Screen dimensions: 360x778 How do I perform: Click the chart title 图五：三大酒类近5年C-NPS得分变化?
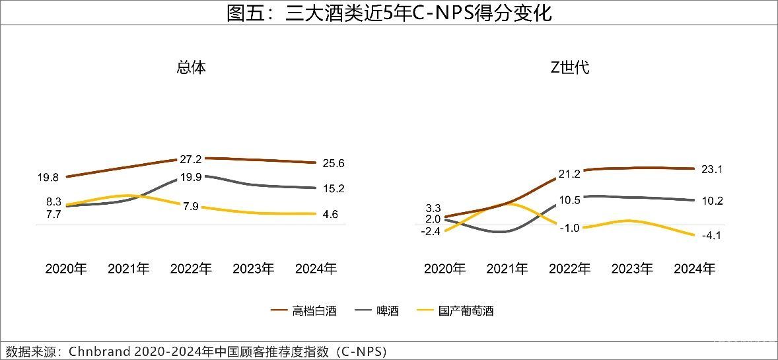coord(389,13)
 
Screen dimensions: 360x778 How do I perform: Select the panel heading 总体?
coord(192,67)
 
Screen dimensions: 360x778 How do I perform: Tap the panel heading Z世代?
coord(569,67)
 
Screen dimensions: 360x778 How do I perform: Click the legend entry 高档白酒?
coord(314,310)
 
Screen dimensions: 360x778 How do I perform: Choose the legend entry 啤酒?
coord(387,310)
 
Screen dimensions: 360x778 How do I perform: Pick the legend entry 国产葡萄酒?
coord(466,310)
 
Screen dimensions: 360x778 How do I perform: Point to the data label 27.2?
coord(190,159)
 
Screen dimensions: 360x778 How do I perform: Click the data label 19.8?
coord(48,177)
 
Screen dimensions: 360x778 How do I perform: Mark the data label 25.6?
coord(334,163)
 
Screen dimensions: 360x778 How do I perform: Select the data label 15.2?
coord(334,189)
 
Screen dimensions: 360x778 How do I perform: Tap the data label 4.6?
coord(331,214)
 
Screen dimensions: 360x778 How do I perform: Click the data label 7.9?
coord(190,206)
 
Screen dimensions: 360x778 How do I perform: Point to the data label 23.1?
coord(712,170)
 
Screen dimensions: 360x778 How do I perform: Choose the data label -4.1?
coord(711,236)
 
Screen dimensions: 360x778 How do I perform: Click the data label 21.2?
coord(569,174)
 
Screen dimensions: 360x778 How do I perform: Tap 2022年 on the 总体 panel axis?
coord(192,269)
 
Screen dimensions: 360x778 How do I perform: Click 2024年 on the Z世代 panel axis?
coord(694,269)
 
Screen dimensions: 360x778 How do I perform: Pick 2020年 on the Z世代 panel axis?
coord(444,269)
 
